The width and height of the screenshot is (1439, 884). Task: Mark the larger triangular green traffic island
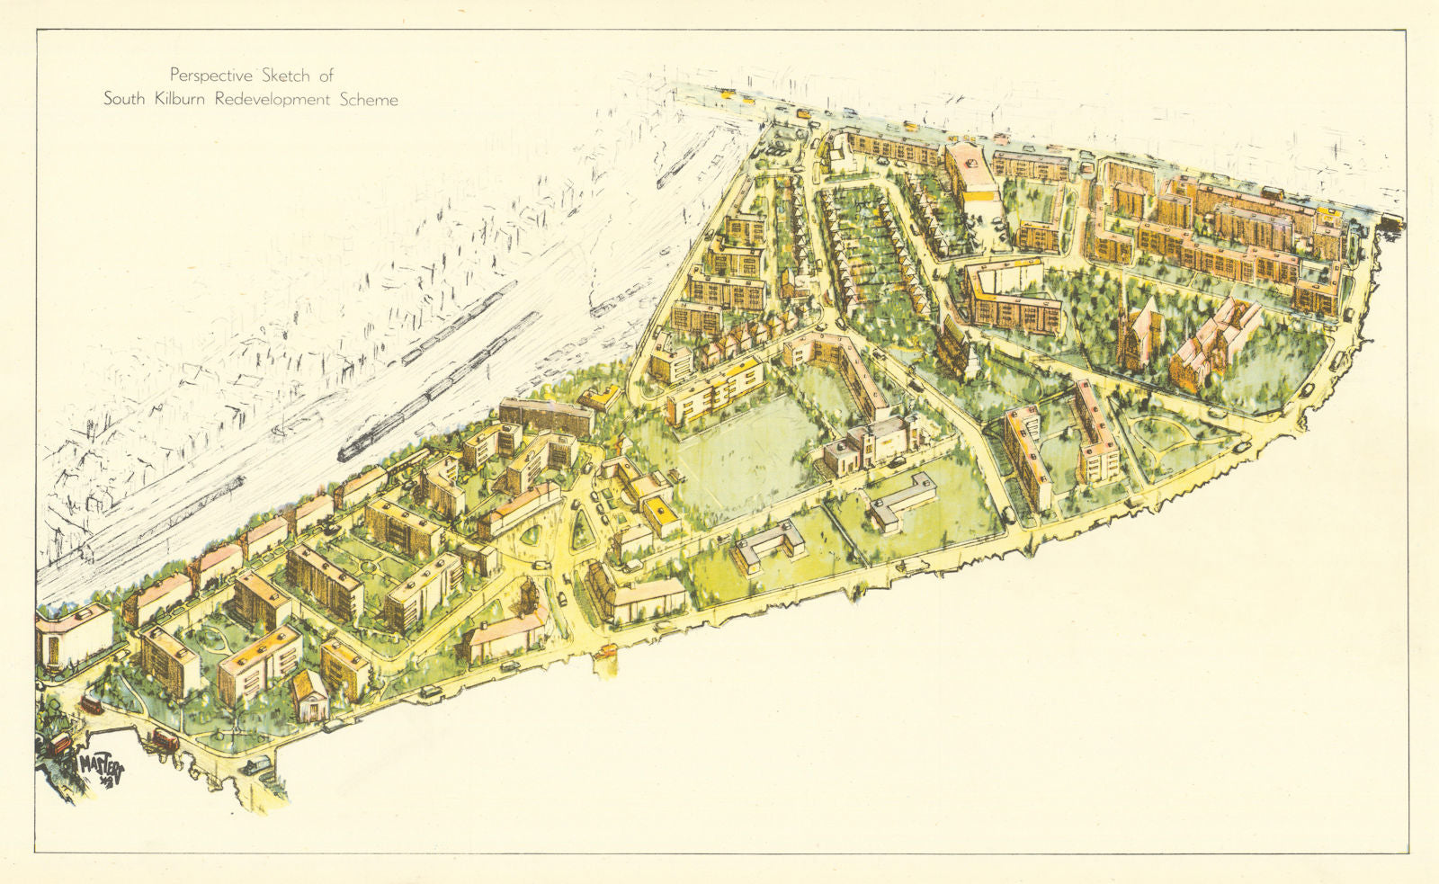click(x=583, y=529)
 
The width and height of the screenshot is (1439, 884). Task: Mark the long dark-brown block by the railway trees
click(x=547, y=415)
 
